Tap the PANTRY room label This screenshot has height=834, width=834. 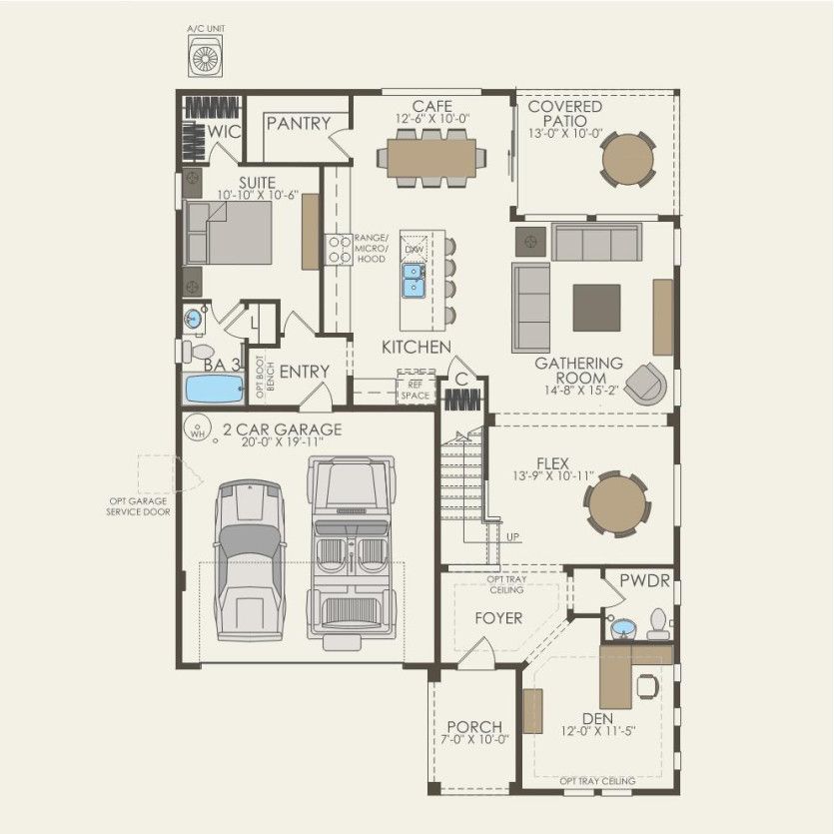point(298,124)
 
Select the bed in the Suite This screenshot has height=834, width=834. point(229,231)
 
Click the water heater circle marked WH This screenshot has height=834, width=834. point(198,433)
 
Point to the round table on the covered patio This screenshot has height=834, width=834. point(628,159)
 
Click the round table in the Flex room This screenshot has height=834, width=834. point(616,505)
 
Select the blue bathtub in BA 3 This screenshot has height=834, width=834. point(215,390)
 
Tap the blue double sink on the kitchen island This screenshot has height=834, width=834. point(414,281)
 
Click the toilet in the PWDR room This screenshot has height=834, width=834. point(657,625)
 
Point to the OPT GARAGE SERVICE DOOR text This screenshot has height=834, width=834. point(139,506)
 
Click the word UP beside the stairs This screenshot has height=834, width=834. point(513,536)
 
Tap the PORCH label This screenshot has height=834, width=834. point(474,726)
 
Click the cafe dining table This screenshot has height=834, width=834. point(432,157)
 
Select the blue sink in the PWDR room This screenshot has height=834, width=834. point(624,628)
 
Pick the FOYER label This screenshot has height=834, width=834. point(498,618)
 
